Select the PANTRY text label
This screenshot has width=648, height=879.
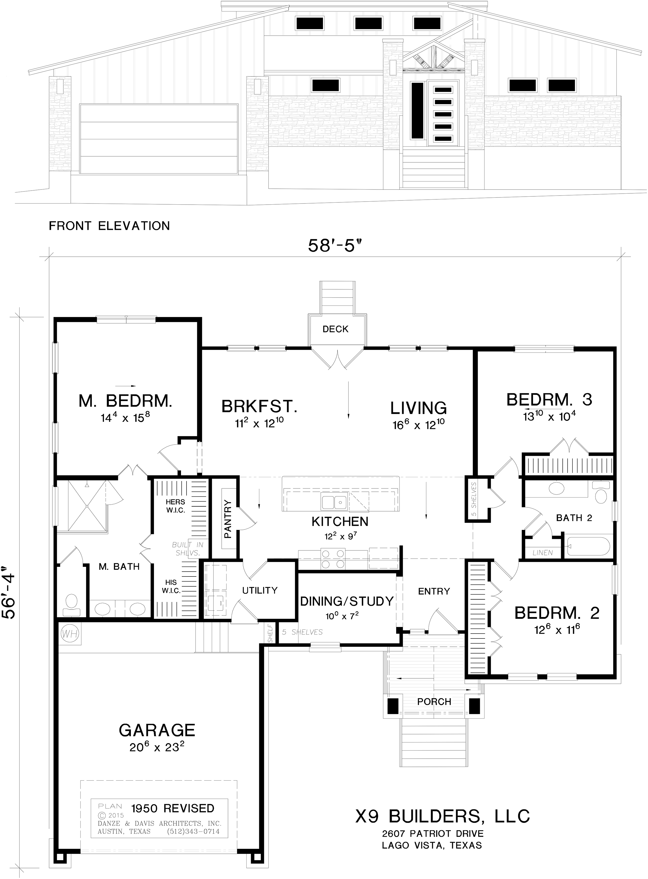click(228, 519)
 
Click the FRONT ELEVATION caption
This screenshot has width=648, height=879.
click(109, 226)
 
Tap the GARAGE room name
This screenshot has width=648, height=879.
click(157, 730)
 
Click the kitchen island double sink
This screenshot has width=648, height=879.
click(333, 502)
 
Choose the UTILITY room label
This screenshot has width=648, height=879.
click(260, 590)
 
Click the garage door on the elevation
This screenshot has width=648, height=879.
click(159, 139)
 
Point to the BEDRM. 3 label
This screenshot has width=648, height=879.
click(549, 400)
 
